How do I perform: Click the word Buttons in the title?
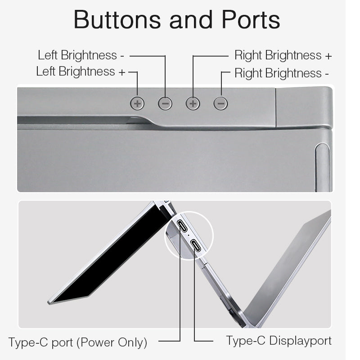[117, 19]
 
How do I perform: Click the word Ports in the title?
[251, 19]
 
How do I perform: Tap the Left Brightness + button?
[137, 103]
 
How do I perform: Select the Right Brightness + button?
[193, 103]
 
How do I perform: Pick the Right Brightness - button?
[220, 103]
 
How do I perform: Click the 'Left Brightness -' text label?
[81, 55]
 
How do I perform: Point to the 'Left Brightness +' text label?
[81, 72]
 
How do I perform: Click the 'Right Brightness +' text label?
[283, 55]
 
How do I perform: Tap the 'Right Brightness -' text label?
[282, 73]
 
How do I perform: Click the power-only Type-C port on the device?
[183, 226]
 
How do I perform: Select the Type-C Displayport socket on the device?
[195, 245]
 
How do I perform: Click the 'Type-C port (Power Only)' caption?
[77, 343]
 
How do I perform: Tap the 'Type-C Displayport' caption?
[279, 341]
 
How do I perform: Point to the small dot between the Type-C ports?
[189, 235]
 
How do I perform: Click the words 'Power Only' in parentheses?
[112, 343]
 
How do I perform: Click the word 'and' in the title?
[191, 19]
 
